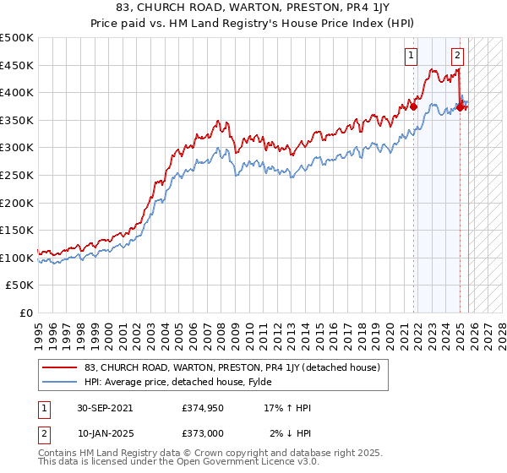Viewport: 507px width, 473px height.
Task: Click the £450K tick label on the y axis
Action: [17, 65]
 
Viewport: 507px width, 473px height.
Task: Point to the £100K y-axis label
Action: [17, 258]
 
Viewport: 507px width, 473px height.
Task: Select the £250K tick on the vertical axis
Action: [17, 176]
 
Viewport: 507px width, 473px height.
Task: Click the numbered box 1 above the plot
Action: [411, 57]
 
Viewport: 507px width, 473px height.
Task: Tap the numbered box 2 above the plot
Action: [457, 57]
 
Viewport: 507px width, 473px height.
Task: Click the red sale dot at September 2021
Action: [414, 106]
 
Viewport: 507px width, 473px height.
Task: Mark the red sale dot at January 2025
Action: [460, 107]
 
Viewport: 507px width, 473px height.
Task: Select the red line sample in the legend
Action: [59, 367]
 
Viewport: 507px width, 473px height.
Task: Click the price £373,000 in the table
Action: [203, 432]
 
